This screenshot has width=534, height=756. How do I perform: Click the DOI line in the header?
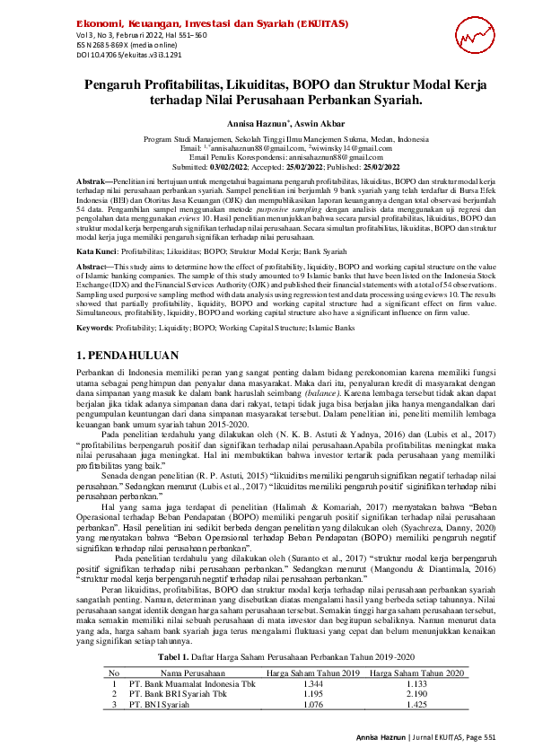point(118,54)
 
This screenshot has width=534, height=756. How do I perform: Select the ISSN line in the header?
point(116,44)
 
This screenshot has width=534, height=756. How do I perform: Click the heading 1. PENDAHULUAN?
point(124,330)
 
